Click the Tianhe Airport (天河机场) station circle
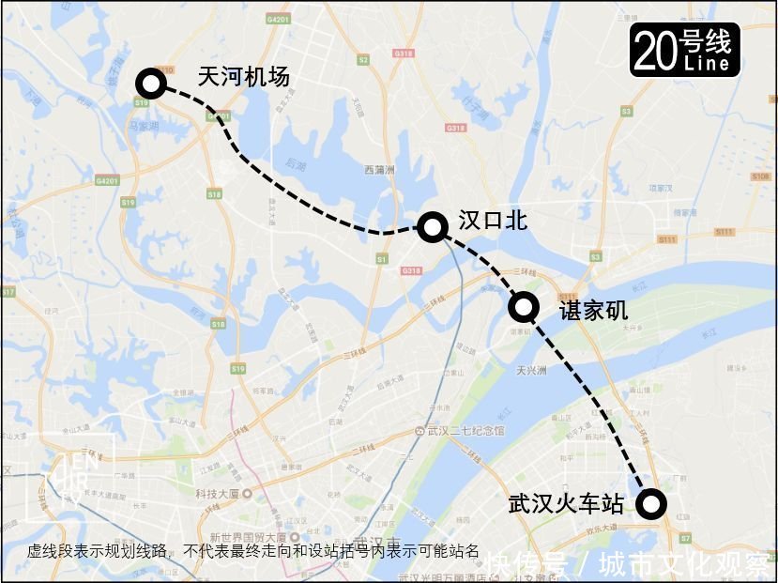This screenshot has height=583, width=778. pos(150,84)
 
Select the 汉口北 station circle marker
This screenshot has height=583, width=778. pos(432,225)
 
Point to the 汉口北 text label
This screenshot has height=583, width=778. pos(493,221)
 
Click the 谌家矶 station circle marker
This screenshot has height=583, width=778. pos(523,306)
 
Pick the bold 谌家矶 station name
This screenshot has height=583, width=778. pos(593,309)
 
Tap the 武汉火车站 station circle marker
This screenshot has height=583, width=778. pos(650,504)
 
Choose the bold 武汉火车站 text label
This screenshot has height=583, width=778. pos(565,504)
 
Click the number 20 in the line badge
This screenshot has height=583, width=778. pos(654,51)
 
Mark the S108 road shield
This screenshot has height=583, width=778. pos(760,176)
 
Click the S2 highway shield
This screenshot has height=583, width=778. pos(363,59)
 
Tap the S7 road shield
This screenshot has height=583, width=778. pos(685,538)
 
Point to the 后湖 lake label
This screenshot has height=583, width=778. pos(296,164)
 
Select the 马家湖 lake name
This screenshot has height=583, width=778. pos(143,123)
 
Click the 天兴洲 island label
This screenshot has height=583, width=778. pos(532,370)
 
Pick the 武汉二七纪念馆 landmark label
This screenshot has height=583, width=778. pos(465,430)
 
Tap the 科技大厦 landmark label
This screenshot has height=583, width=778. pos(215,493)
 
